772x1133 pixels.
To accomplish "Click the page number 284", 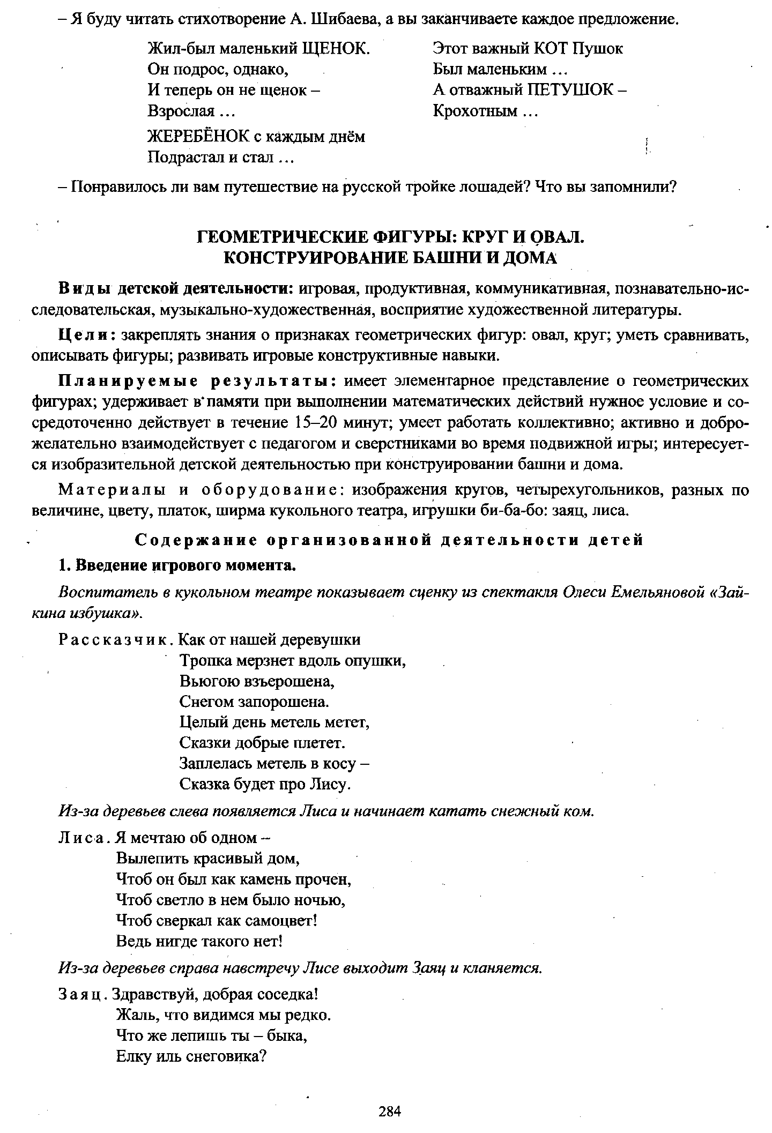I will [x=390, y=1112].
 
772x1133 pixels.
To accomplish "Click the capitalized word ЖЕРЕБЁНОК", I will [x=198, y=137].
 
